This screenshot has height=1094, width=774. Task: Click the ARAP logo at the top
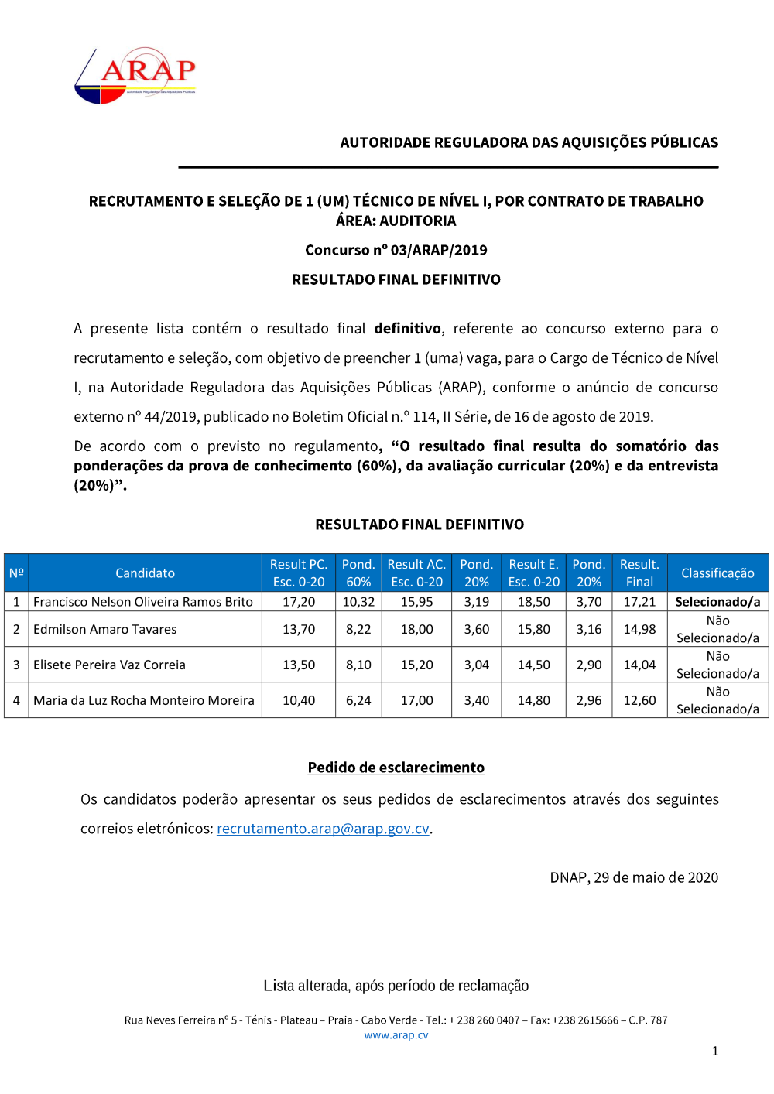click(135, 75)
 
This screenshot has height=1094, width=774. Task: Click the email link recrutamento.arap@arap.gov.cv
click(323, 829)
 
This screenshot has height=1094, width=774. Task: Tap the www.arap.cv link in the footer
click(396, 1035)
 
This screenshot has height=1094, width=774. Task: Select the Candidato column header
click(145, 573)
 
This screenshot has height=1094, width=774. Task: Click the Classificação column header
click(717, 573)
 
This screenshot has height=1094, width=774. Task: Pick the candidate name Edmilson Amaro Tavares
click(105, 630)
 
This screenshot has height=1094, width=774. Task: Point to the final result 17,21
click(639, 602)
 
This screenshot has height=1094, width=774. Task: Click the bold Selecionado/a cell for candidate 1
click(717, 602)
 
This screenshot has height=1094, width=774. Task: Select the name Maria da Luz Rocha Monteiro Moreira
click(144, 700)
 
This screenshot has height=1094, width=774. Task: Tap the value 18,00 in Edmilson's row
click(416, 630)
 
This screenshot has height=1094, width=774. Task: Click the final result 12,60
click(639, 700)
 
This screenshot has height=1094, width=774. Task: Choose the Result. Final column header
click(639, 573)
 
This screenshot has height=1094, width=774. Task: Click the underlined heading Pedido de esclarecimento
click(396, 768)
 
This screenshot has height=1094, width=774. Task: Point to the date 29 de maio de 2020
click(656, 877)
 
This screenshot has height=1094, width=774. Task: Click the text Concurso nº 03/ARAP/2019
click(396, 250)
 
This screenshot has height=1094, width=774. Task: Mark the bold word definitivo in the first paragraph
click(407, 329)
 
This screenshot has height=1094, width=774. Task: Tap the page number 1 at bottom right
click(715, 1051)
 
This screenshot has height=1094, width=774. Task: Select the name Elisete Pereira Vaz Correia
click(109, 665)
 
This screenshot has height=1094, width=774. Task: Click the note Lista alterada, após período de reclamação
click(396, 986)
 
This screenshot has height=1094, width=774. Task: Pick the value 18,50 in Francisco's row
click(533, 602)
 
